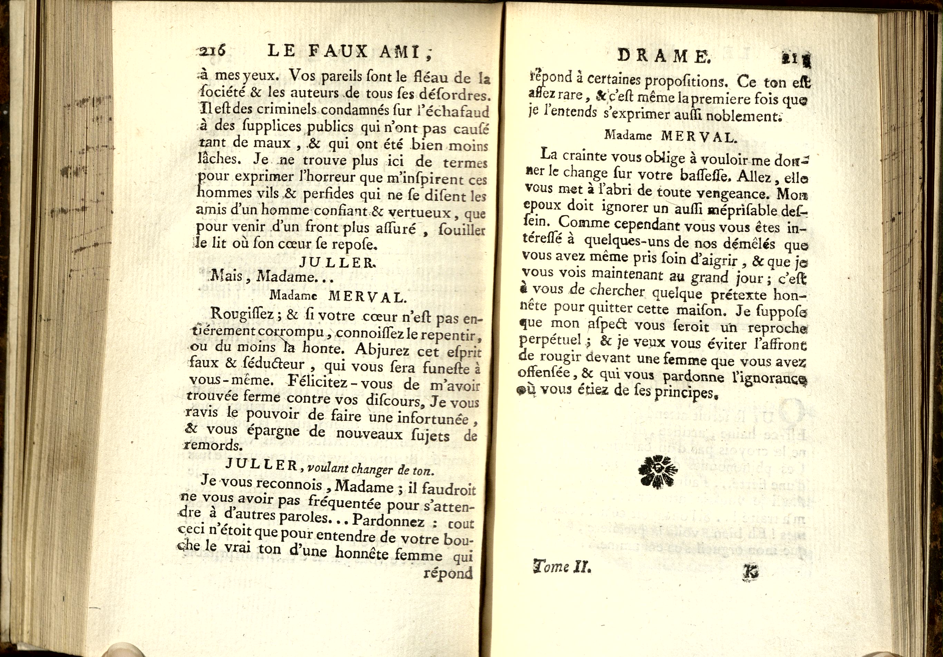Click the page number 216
coord(212,51)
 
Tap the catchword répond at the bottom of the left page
coord(448,572)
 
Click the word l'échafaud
coord(457,112)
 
